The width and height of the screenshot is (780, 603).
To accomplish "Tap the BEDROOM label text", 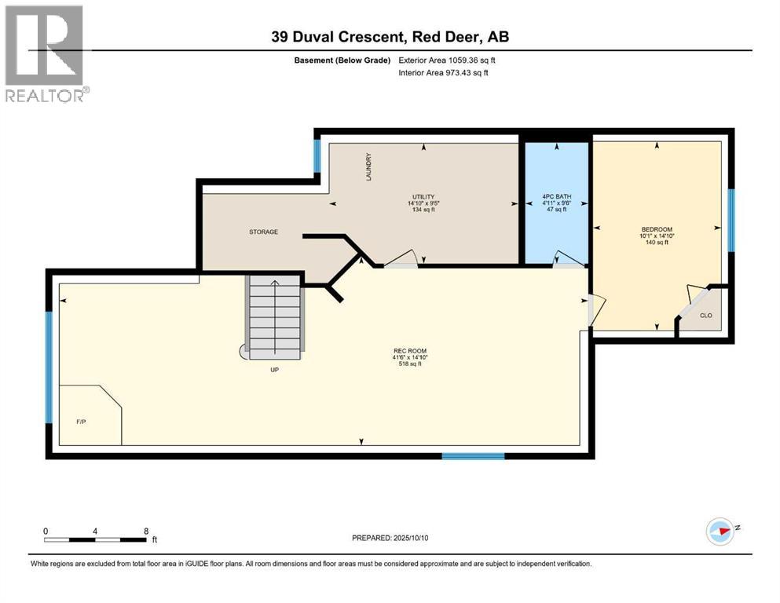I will click(657, 229).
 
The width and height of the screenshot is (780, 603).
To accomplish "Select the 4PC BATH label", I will click(556, 196).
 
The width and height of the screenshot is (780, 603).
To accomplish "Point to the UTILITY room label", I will click(423, 197).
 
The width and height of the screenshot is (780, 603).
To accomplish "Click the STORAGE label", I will click(264, 232).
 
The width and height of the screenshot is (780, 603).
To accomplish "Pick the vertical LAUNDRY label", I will click(367, 167).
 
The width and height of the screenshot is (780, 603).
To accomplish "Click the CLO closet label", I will click(705, 316).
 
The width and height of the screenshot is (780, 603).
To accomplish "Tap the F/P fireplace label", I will click(80, 422).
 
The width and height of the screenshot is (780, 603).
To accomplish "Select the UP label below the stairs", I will click(275, 369).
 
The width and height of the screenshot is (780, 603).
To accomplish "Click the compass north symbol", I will click(720, 532).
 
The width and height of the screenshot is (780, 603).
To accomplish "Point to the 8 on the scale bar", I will click(146, 531).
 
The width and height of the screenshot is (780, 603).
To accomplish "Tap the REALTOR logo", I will click(45, 53).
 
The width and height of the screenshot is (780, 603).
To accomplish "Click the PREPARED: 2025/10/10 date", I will click(390, 538).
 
